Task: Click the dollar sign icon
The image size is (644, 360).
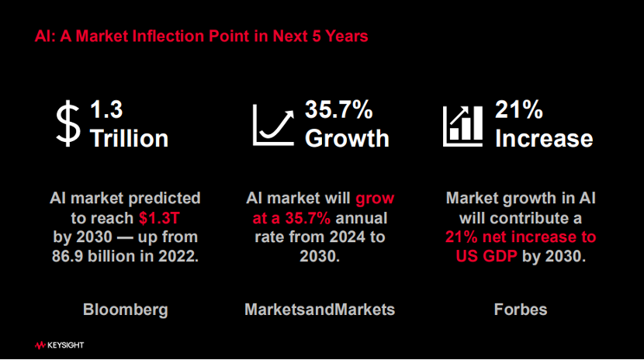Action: pyautogui.click(x=68, y=123)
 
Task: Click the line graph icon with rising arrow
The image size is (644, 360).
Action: pyautogui.click(x=273, y=125)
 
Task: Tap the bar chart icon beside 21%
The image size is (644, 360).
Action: pyautogui.click(x=462, y=126)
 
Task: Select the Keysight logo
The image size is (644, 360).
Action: pyautogui.click(x=60, y=345)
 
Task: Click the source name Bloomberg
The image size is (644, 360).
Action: pyautogui.click(x=126, y=310)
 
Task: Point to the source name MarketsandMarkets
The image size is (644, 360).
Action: pyautogui.click(x=320, y=310)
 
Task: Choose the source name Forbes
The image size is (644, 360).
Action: pyautogui.click(x=521, y=310)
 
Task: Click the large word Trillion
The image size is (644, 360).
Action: pyautogui.click(x=130, y=138)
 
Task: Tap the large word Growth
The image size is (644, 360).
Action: pyautogui.click(x=347, y=138)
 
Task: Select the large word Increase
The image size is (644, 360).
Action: pyautogui.click(x=544, y=138)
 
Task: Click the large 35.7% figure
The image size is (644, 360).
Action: pyautogui.click(x=339, y=109)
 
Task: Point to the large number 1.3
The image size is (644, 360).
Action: pyautogui.click(x=106, y=109)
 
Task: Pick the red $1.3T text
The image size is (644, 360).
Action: pyautogui.click(x=159, y=218)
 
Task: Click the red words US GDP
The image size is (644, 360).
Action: pyautogui.click(x=486, y=256)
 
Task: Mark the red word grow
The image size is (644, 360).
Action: pyautogui.click(x=375, y=199)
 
